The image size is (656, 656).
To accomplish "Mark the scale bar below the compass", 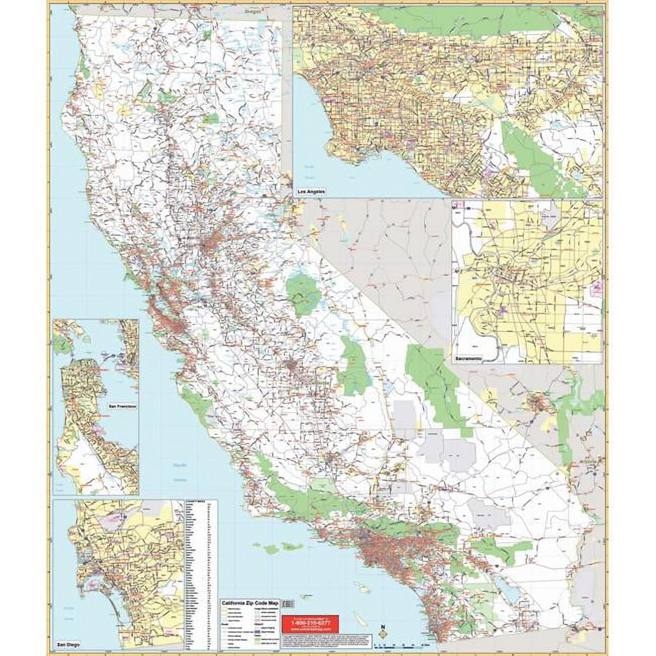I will [x=401, y=645].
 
